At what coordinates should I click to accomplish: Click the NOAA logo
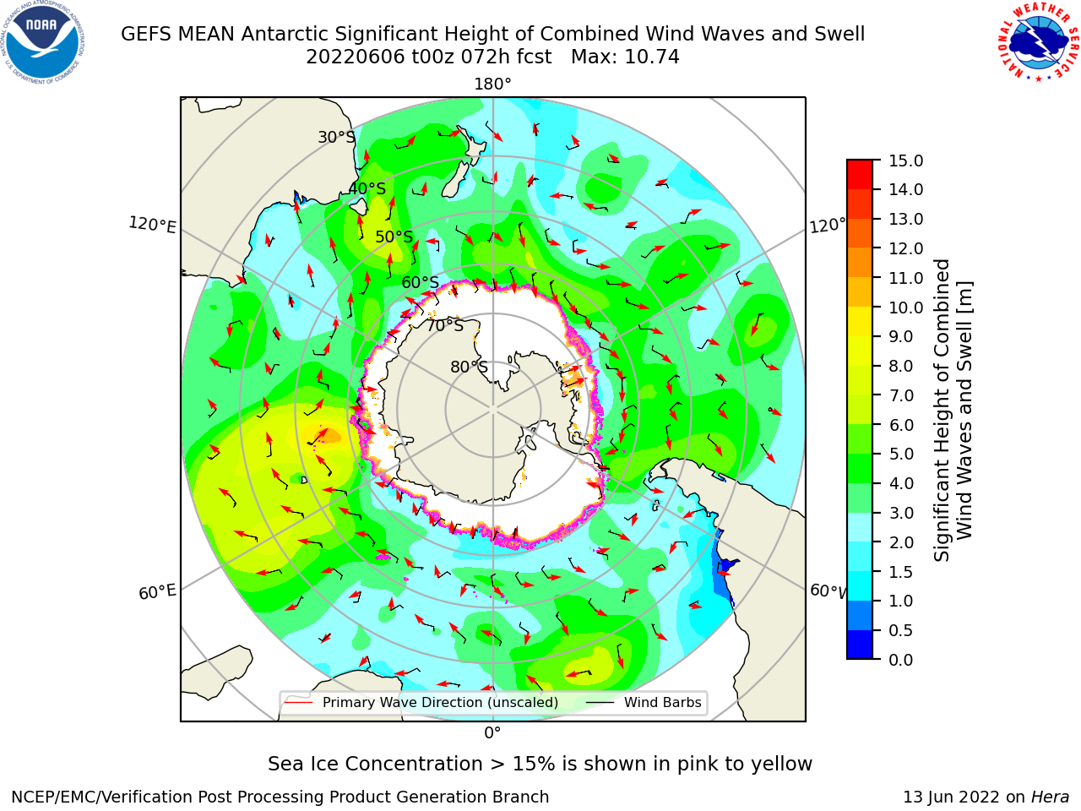coord(43,43)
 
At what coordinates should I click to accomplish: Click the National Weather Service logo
coord(1038,42)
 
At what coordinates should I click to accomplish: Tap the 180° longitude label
coord(492,84)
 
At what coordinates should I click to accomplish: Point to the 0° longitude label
coord(492,733)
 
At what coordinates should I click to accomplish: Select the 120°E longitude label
coord(152,225)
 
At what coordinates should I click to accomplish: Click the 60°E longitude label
coord(157,591)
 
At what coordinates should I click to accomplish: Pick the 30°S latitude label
coord(336,137)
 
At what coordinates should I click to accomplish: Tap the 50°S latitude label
coord(394,237)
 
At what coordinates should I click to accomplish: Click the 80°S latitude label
coord(469,367)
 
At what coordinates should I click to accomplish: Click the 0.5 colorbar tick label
coord(901,630)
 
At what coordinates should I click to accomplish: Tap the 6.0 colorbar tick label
coord(901,425)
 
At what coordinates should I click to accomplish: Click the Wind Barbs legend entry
coord(644,702)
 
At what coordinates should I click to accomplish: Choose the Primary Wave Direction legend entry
coord(421,702)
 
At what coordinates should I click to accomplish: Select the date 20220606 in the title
coord(356,57)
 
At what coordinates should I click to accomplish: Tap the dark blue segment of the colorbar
coord(860,645)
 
